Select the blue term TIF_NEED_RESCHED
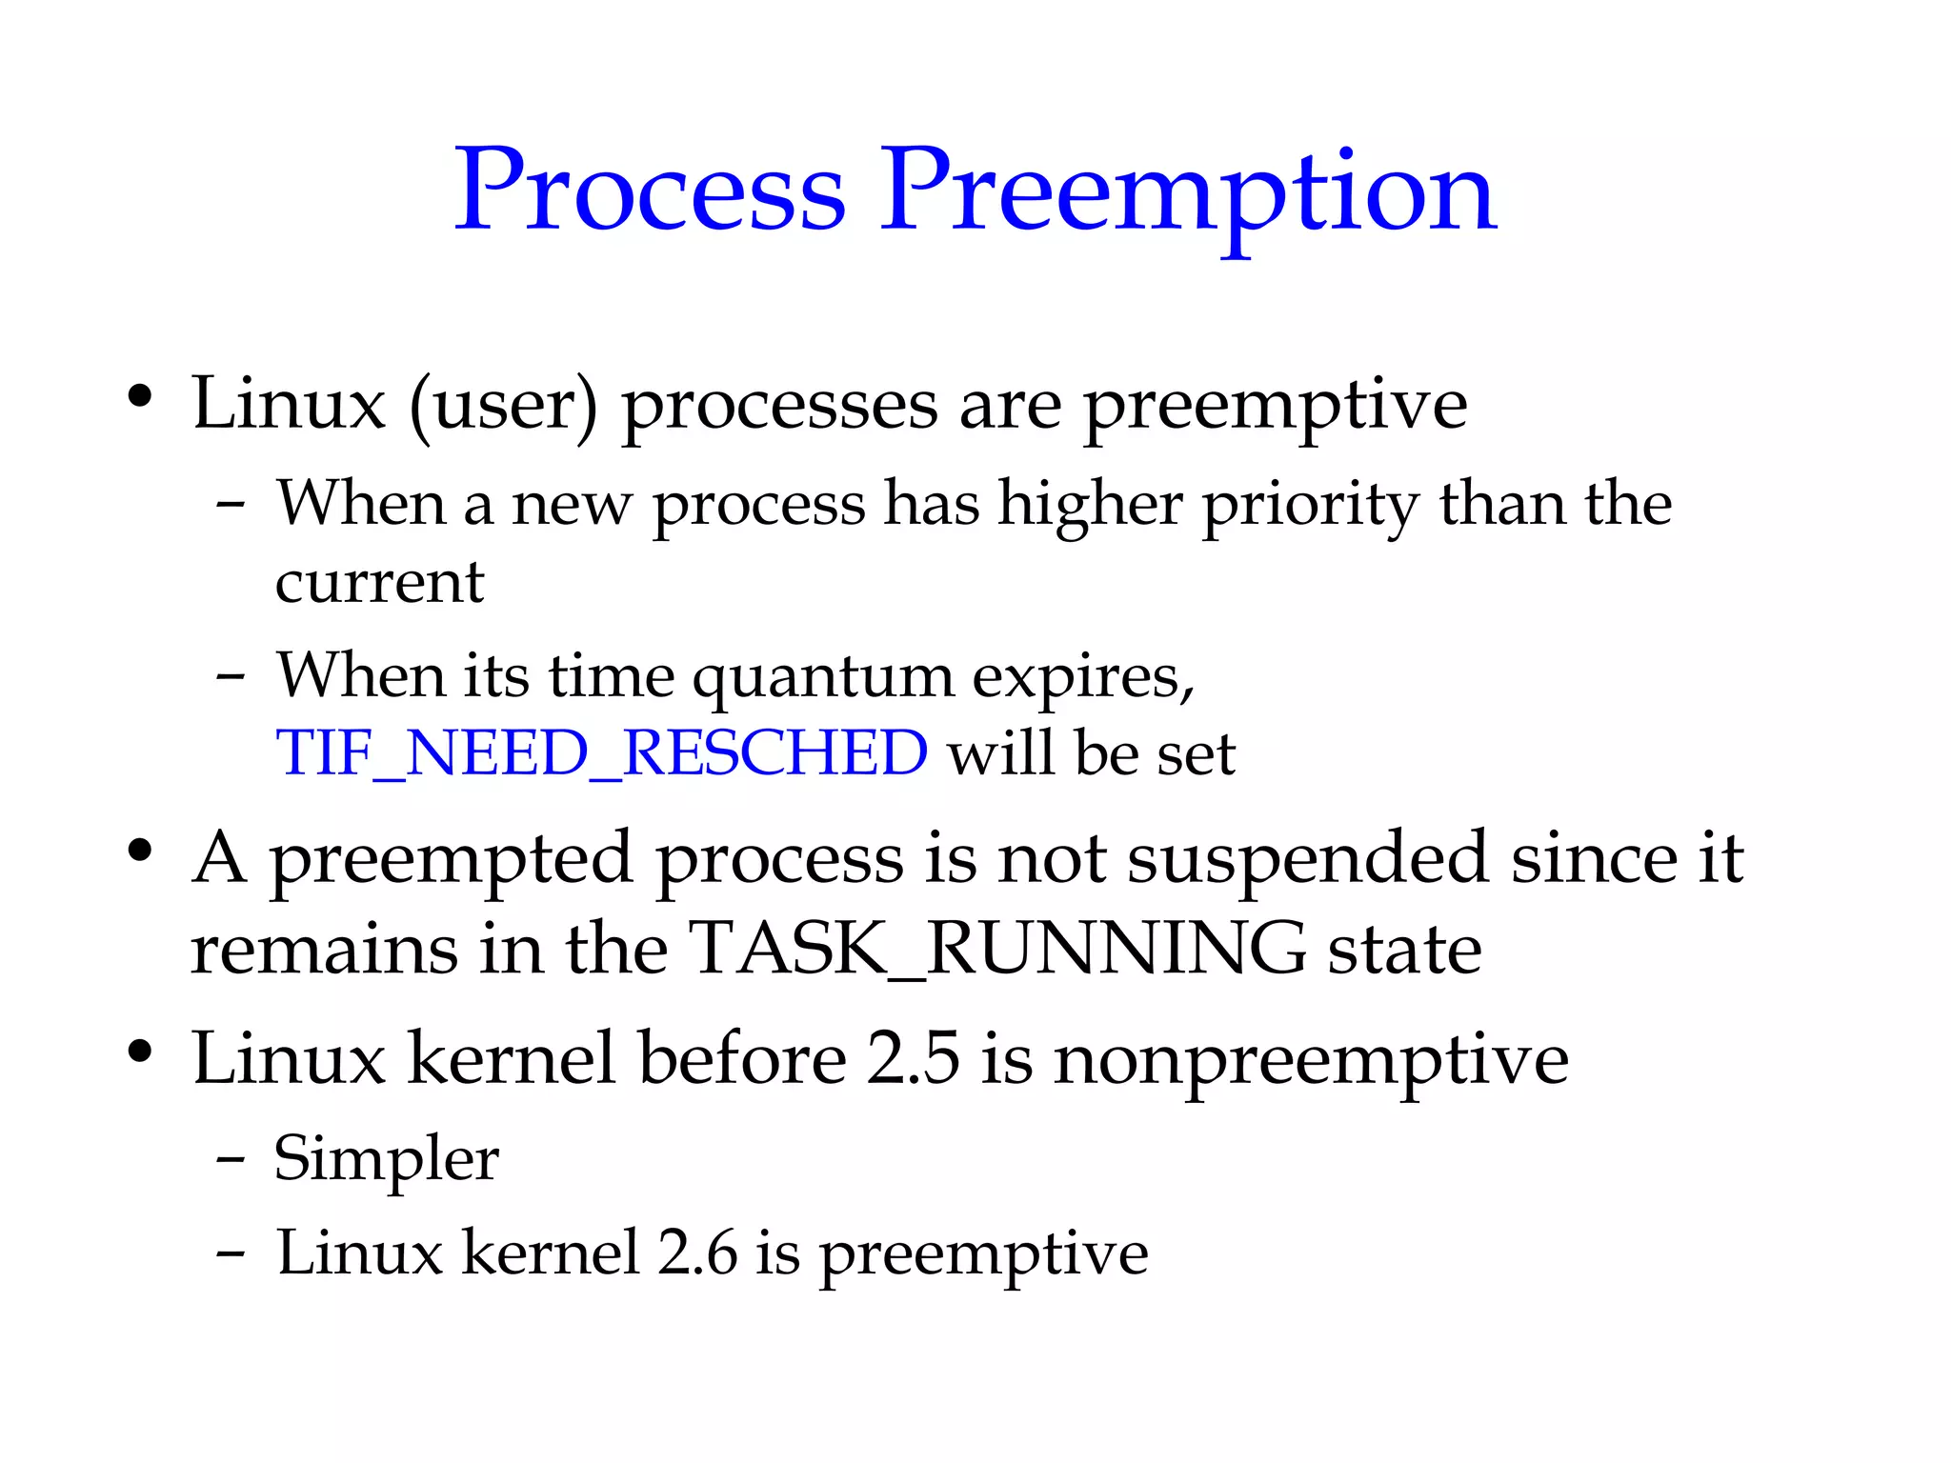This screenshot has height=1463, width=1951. [x=601, y=753]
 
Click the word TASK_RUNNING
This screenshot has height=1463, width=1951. [x=996, y=949]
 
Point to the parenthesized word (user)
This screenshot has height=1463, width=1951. [x=504, y=405]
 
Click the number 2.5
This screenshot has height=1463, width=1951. [x=913, y=1058]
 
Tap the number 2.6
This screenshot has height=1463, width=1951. [x=697, y=1253]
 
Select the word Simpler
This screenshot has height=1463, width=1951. [x=386, y=1159]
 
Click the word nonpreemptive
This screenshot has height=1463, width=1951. [x=1310, y=1060]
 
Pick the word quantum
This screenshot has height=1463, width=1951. [x=822, y=678]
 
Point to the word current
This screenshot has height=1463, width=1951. [x=379, y=582]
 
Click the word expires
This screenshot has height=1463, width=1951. [x=1082, y=678]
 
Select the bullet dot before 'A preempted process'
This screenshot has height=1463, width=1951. [x=140, y=851]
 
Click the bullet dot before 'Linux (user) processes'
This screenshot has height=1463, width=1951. [x=140, y=396]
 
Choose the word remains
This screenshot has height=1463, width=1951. [x=323, y=949]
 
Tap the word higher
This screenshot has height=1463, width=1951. [x=1090, y=505]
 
